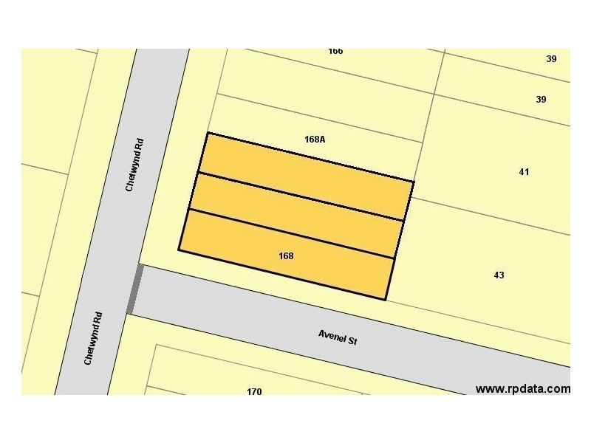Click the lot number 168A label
[x=315, y=139]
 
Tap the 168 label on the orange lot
[x=287, y=256]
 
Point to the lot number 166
[x=335, y=52]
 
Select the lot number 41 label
[x=524, y=172]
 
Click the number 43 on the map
[x=499, y=275]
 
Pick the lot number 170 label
[x=254, y=391]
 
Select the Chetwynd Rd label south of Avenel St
[x=92, y=337]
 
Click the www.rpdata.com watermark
[x=522, y=388]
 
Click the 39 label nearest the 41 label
[x=542, y=100]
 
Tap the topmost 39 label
[x=551, y=59]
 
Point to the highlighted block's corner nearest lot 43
[x=386, y=299]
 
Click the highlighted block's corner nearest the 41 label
[x=414, y=181]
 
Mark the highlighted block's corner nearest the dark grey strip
[x=179, y=250]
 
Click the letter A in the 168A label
[x=323, y=139]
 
